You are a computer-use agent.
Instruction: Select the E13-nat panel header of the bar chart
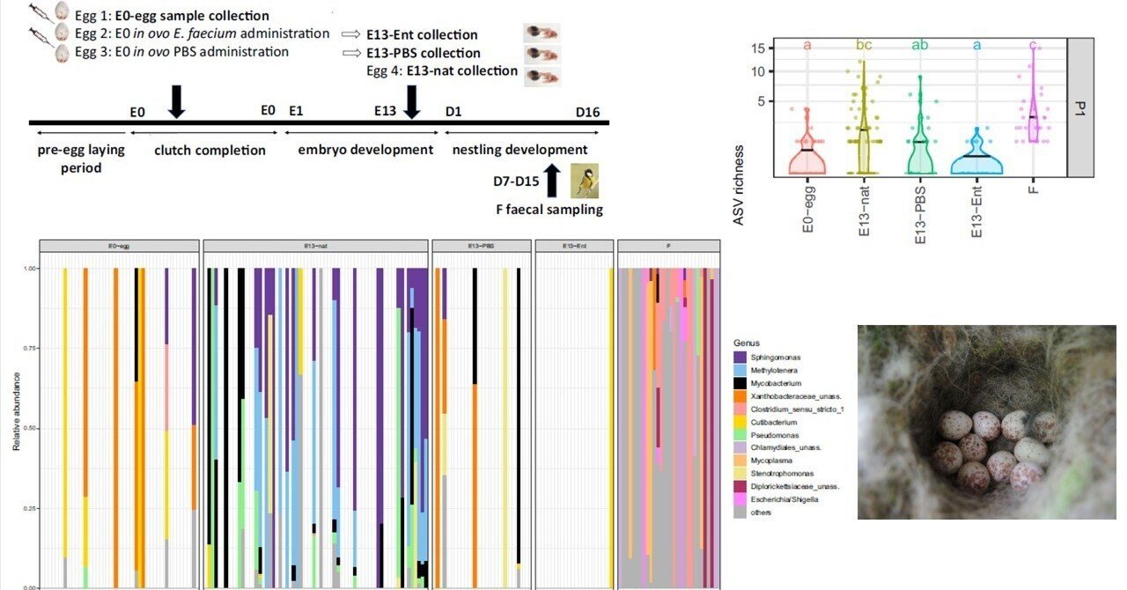[x=316, y=246]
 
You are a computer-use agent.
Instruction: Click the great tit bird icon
[x=583, y=181]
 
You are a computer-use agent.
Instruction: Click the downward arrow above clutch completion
[x=177, y=100]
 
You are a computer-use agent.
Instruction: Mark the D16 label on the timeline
[x=587, y=112]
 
